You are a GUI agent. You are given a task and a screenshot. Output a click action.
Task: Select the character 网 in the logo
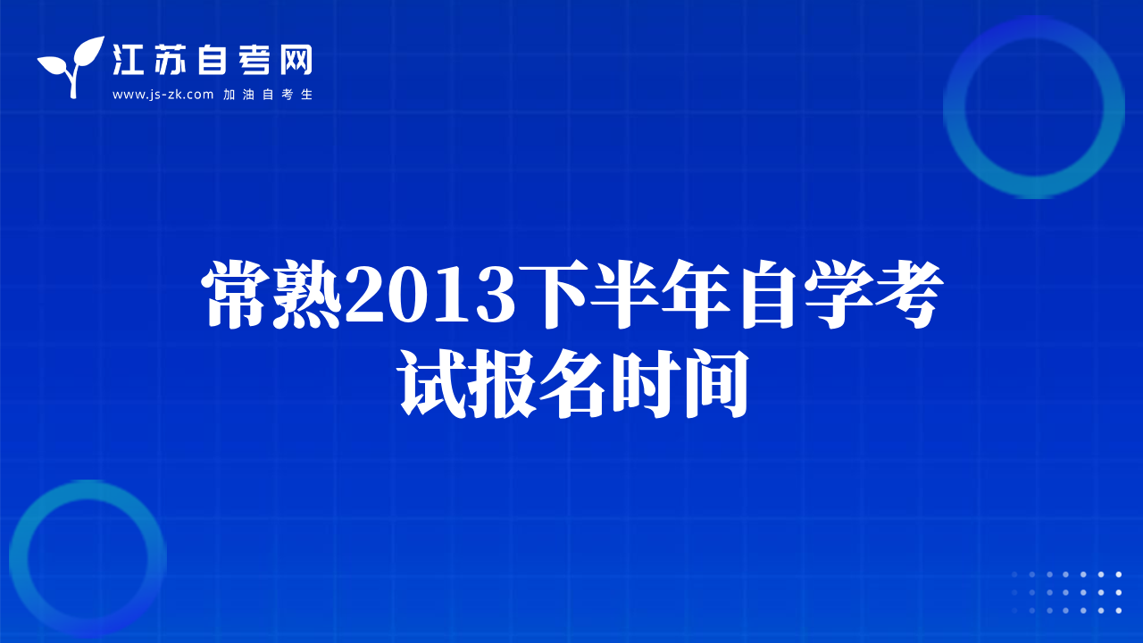(x=296, y=60)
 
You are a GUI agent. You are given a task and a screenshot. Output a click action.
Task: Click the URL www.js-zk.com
(x=163, y=95)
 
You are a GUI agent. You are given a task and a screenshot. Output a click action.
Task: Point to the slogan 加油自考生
(x=268, y=95)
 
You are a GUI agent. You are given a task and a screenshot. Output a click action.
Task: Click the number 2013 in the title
(x=430, y=295)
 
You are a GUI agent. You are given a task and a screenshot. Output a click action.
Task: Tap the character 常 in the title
(x=237, y=294)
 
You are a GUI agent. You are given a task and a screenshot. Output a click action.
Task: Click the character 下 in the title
(x=552, y=294)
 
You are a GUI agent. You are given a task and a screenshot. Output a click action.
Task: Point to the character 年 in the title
(x=696, y=294)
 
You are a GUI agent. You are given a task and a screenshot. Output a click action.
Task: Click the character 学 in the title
(x=838, y=294)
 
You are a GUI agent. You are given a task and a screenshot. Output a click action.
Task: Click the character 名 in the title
(x=573, y=384)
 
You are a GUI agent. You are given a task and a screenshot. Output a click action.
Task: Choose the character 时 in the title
(x=646, y=384)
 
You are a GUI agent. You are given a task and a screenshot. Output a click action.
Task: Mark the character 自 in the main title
(x=767, y=294)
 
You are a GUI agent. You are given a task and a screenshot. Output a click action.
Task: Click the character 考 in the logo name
(x=254, y=60)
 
